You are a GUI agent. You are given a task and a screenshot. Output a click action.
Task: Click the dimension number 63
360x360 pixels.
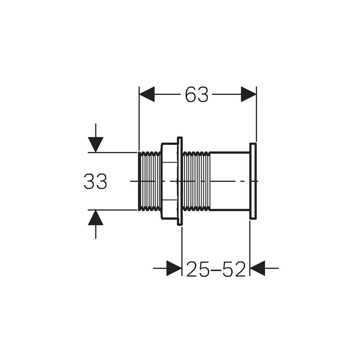pyautogui.click(x=197, y=94)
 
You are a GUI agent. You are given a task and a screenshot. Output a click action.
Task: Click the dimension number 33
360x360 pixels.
pyautogui.click(x=95, y=182)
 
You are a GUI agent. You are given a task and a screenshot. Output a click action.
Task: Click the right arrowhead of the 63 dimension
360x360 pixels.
pyautogui.click(x=249, y=94)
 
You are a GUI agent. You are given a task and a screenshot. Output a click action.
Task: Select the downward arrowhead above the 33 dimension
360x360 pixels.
pyautogui.click(x=95, y=144)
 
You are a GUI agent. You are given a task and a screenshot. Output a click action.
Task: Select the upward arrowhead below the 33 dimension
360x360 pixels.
pyautogui.click(x=95, y=218)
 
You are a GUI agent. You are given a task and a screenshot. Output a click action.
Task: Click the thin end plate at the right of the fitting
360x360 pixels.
pyautogui.click(x=252, y=182)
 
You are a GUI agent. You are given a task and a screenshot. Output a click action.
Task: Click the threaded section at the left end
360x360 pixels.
pyautogui.click(x=149, y=181)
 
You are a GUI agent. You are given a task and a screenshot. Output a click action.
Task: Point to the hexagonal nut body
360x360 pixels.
pyautogui.click(x=169, y=182)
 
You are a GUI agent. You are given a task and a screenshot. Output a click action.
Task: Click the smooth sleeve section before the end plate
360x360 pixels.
pyautogui.click(x=229, y=182)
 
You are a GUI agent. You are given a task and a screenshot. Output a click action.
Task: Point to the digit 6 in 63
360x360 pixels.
pyautogui.click(x=190, y=94)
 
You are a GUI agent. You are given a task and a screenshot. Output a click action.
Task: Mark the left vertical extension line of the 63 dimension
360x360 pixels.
pyautogui.click(x=139, y=117)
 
